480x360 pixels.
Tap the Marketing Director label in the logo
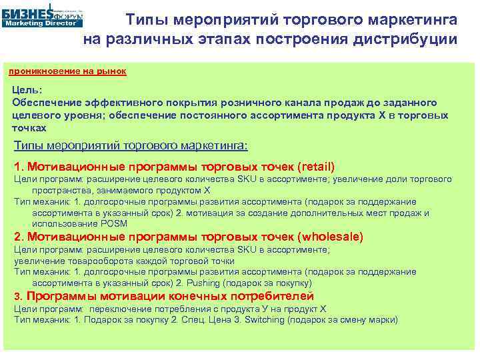coord(42,22)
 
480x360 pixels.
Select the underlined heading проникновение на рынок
coord(66,71)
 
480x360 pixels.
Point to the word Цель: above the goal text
coord(27,90)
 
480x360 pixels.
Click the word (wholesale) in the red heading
coord(331,237)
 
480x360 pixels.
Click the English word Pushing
coord(204,282)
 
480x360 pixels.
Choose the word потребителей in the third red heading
coord(269,297)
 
